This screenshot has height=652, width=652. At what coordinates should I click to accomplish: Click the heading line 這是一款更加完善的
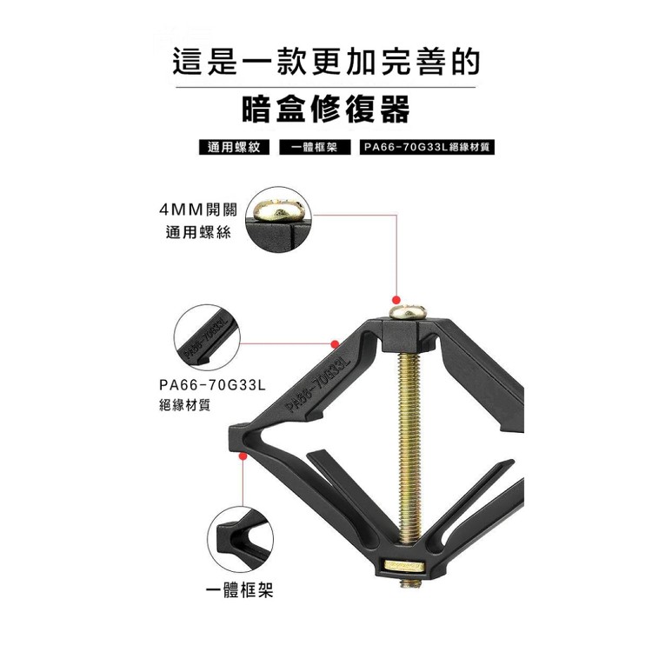pos(326,63)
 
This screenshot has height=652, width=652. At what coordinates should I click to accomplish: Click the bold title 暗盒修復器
pos(326,110)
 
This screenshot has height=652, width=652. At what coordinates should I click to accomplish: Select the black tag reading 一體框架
pos(314,147)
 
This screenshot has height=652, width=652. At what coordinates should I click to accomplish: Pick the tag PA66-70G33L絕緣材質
pos(428,147)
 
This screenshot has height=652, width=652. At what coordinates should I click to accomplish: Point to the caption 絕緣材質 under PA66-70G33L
pos(184,404)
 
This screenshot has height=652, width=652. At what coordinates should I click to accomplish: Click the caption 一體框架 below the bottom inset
pos(240,592)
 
